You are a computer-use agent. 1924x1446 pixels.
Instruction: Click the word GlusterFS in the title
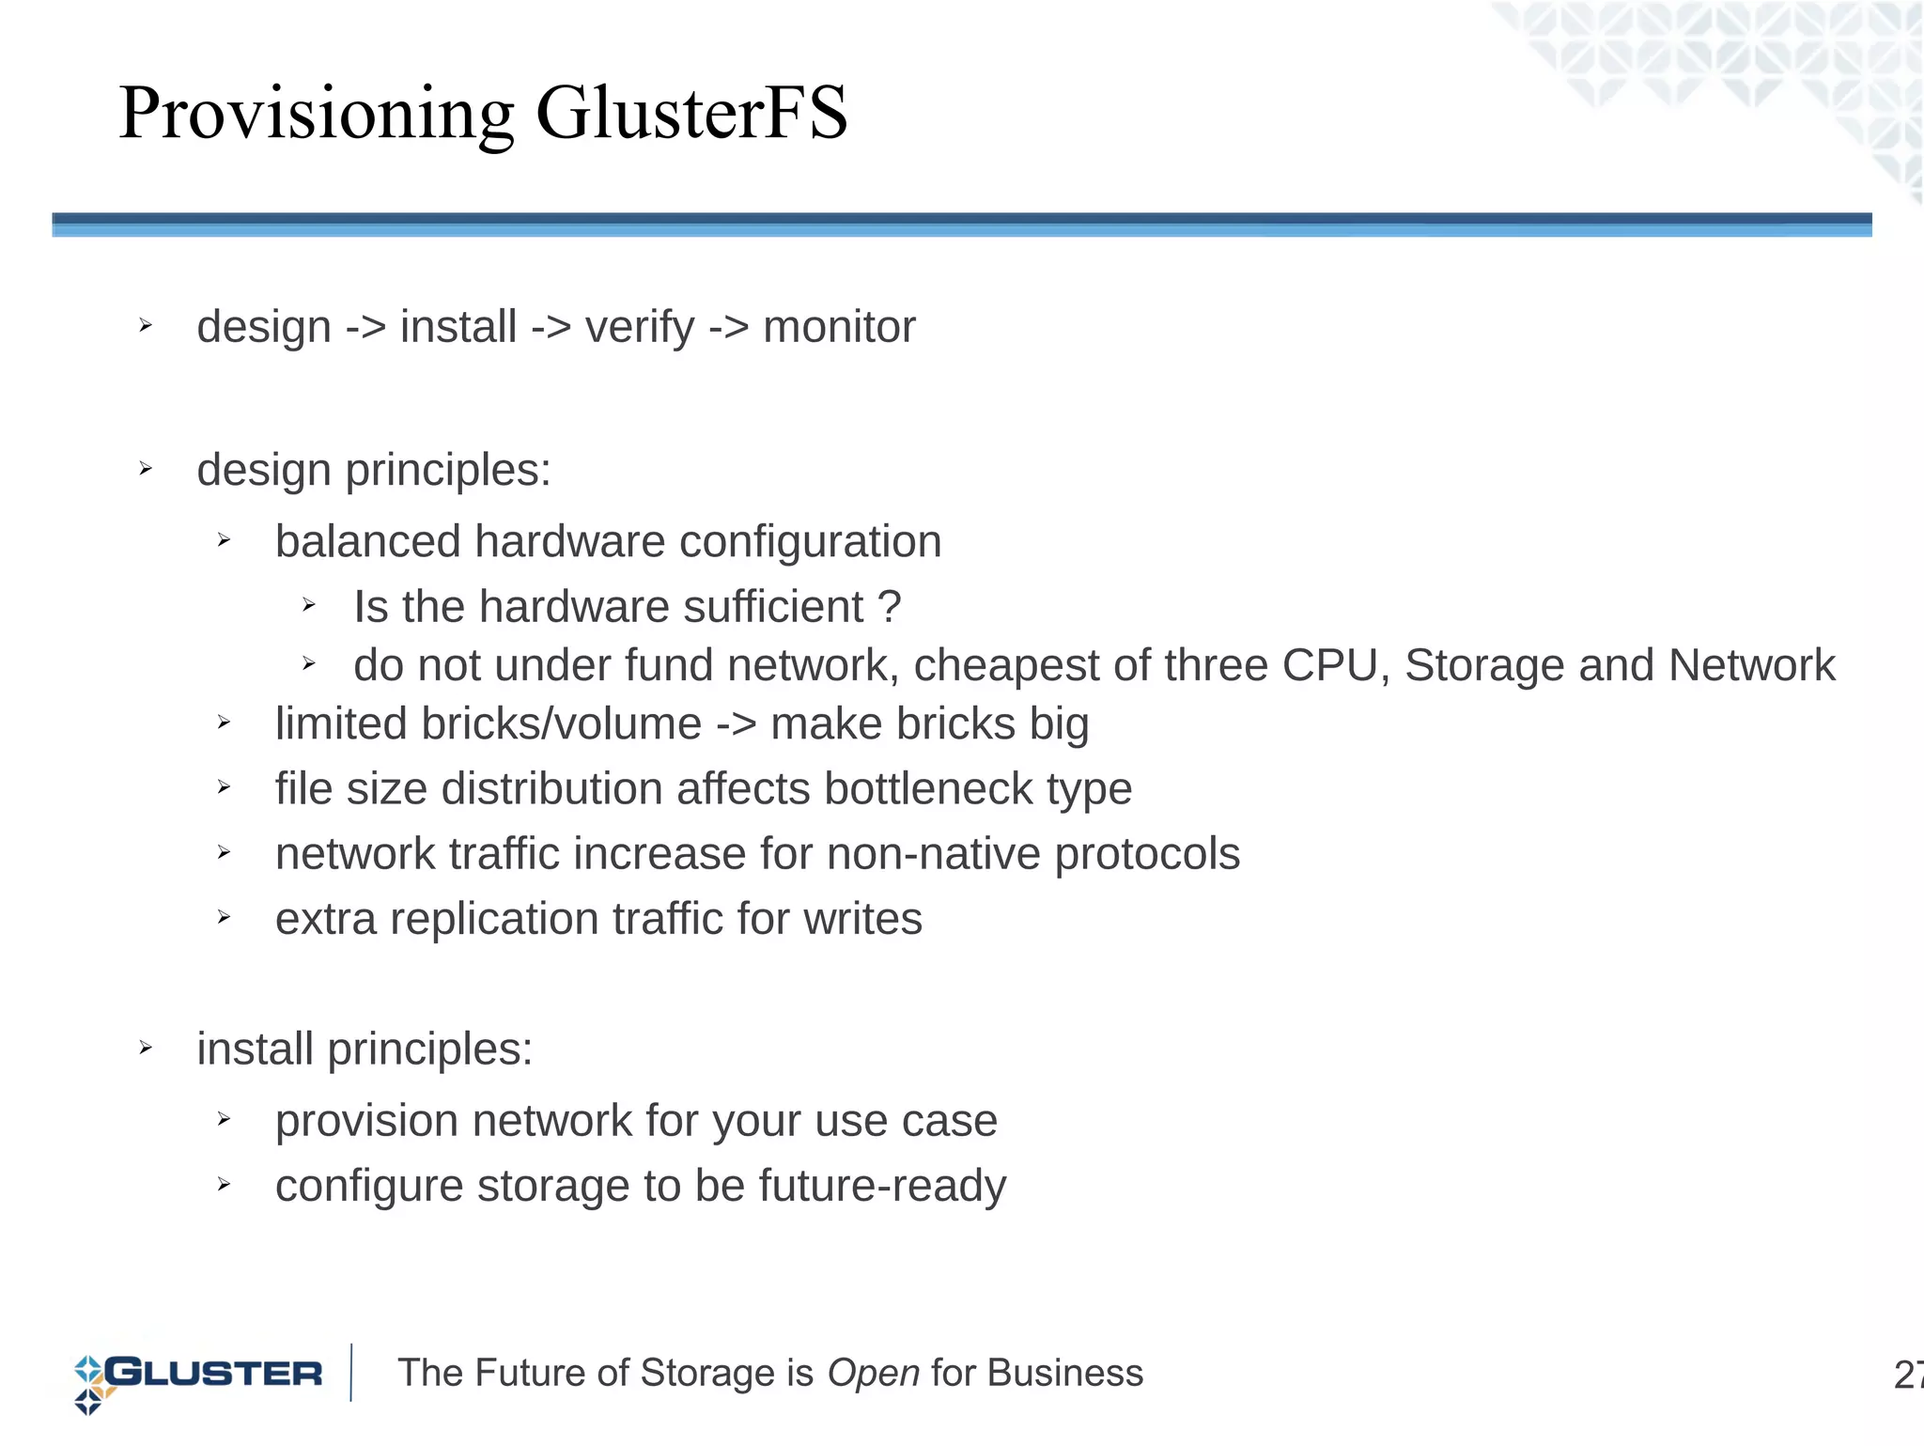point(691,113)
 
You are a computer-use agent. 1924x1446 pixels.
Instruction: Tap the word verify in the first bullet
point(640,328)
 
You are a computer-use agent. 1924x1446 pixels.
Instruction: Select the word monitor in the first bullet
point(839,328)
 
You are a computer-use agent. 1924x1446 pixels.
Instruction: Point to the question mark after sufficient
point(889,607)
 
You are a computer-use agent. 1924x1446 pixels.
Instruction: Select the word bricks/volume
point(489,724)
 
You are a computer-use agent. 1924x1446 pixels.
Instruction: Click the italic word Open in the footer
point(873,1374)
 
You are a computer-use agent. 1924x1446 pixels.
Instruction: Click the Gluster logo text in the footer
point(214,1374)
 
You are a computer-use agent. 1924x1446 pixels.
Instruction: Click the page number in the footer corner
point(1907,1375)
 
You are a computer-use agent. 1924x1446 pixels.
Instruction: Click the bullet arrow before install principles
point(146,1048)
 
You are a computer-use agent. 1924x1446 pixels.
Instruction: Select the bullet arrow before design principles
point(146,469)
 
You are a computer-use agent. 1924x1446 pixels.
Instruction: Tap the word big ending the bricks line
point(1059,724)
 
